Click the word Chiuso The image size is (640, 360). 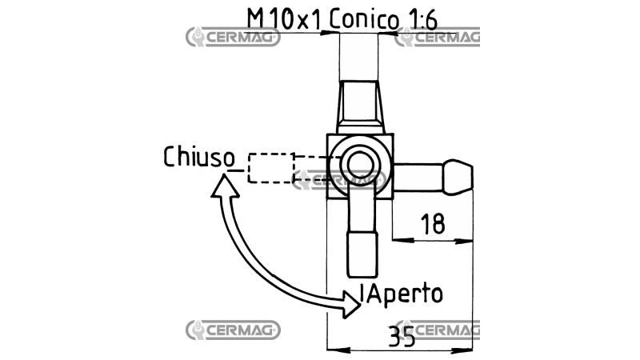coord(199,157)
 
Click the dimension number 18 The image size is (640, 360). coord(433,224)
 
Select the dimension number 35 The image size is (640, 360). coord(402,336)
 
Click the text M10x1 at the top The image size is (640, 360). coord(285,19)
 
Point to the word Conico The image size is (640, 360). coord(364,20)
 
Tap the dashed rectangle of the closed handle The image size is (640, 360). coord(271,168)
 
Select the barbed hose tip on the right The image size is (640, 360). coord(458,178)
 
